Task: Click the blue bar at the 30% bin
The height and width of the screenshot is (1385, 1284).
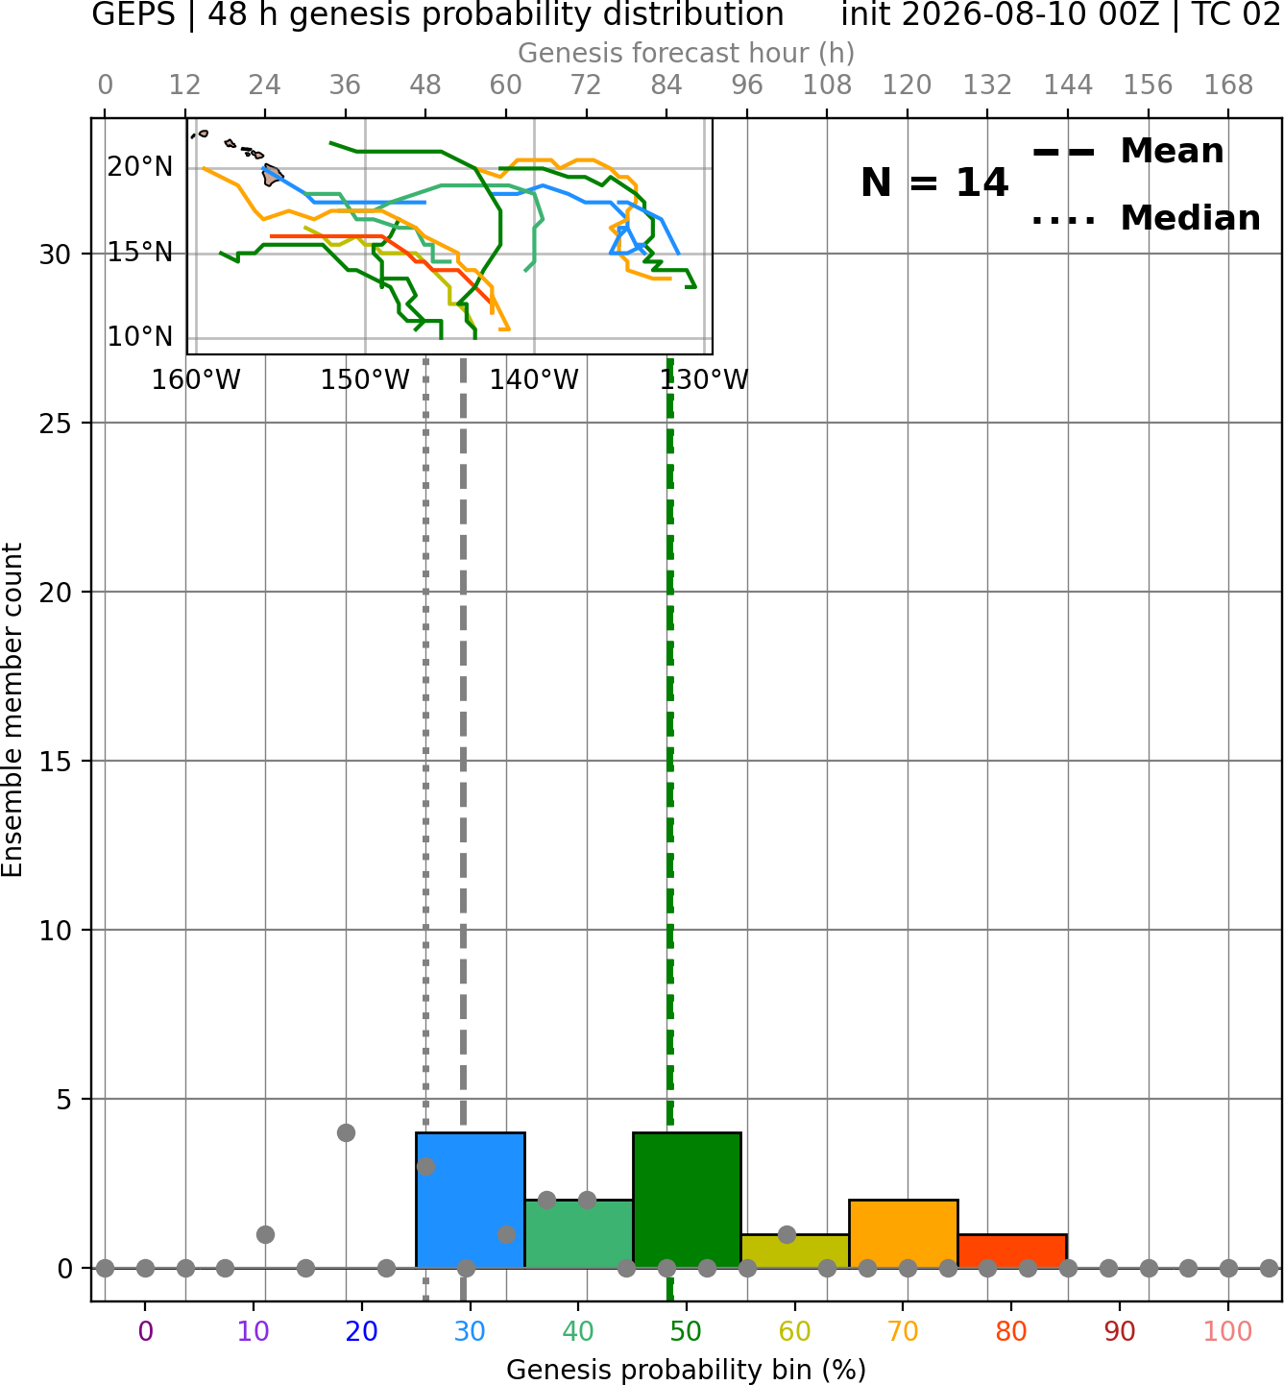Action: [470, 1200]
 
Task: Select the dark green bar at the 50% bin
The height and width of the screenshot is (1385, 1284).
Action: [687, 1200]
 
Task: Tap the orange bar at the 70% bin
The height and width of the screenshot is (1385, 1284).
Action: [903, 1233]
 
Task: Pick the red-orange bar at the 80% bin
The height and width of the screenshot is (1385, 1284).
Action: [1012, 1251]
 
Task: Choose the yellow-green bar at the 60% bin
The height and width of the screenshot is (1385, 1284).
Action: [795, 1251]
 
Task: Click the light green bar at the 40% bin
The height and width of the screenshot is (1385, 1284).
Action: [579, 1233]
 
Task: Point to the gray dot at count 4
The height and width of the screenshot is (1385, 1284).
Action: [346, 1132]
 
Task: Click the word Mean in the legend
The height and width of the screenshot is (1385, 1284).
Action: [1172, 152]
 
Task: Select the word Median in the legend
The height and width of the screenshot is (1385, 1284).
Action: [1191, 218]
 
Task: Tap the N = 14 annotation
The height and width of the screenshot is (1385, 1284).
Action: [934, 182]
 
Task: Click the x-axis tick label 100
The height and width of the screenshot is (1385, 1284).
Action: [1228, 1331]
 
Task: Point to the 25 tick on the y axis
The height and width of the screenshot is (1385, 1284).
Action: [56, 424]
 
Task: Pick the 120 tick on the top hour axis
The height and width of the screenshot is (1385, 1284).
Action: [907, 85]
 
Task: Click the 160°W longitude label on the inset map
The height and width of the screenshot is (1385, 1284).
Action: [196, 380]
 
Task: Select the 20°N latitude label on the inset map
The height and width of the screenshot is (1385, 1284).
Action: [139, 167]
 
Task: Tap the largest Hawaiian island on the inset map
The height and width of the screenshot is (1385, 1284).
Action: [272, 175]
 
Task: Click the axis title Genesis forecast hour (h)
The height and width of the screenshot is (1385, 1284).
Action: [687, 54]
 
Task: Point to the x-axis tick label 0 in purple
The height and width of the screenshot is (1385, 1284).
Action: [145, 1331]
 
